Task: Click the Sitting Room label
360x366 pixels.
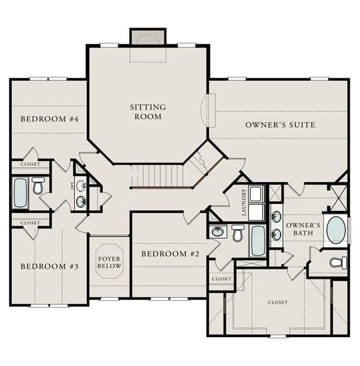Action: (x=148, y=112)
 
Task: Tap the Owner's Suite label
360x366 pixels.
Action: (x=280, y=125)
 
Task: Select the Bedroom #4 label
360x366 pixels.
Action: (x=49, y=119)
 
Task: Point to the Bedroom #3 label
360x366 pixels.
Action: (x=49, y=266)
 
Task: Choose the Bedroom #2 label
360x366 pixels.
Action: (x=170, y=254)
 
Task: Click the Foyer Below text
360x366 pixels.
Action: (x=109, y=263)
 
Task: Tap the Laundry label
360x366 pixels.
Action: (x=244, y=202)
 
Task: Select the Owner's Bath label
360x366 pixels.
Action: (x=303, y=229)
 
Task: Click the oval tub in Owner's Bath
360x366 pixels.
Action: (x=336, y=230)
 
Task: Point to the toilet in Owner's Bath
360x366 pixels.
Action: (x=338, y=263)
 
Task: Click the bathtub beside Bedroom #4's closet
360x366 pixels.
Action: (x=20, y=193)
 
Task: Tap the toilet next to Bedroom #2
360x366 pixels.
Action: (x=238, y=233)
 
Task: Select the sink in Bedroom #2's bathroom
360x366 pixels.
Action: (x=218, y=231)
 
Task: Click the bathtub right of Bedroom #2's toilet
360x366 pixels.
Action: (x=258, y=241)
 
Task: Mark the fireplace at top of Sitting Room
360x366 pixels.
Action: (x=148, y=37)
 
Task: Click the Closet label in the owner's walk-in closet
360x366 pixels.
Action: (x=277, y=302)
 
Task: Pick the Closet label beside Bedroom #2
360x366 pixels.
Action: (x=222, y=279)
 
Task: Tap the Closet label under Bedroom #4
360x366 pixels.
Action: (x=30, y=164)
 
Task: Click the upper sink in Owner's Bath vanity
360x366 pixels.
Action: (x=276, y=216)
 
